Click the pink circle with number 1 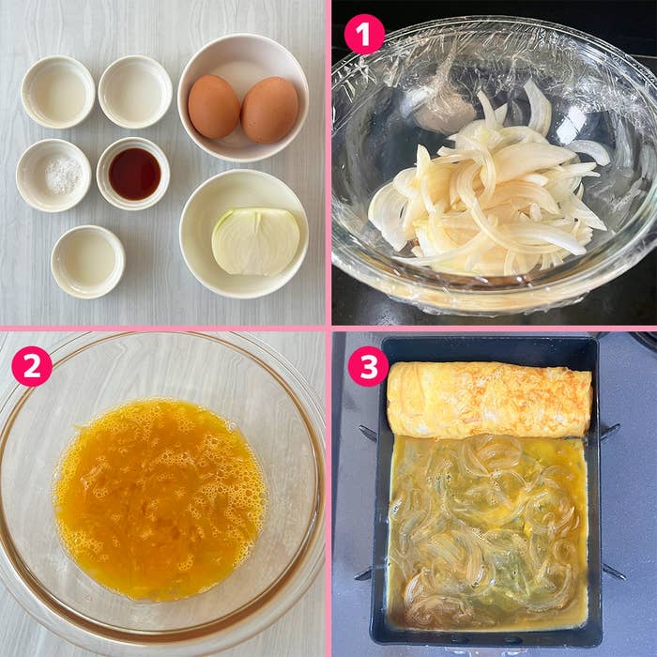coord(364,35)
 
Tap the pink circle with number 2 coord(31,366)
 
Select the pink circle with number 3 coord(368,366)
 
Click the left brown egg coord(213,107)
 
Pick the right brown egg coord(269,110)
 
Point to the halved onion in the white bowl coord(255,241)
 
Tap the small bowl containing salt coord(53,176)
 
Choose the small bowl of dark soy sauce coord(133,174)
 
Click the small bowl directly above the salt coord(58,92)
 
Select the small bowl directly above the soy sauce coord(135,91)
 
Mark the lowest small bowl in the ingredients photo coord(87,261)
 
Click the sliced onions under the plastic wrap coord(488,197)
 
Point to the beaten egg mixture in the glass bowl coord(160,497)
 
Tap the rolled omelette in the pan coord(489,400)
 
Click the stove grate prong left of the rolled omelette coord(367,434)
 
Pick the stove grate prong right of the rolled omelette coord(610,432)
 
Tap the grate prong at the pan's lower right coord(613,571)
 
